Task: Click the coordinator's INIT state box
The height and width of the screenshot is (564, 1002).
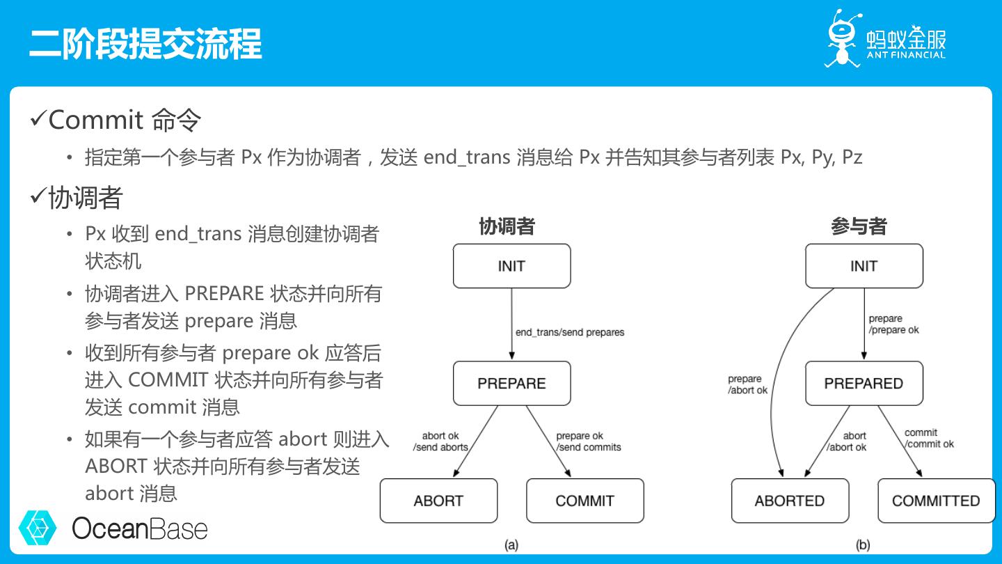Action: (x=511, y=266)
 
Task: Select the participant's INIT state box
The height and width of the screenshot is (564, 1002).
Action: (x=864, y=266)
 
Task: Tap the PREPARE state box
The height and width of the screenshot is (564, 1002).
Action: (x=511, y=383)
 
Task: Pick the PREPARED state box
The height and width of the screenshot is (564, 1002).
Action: (x=864, y=383)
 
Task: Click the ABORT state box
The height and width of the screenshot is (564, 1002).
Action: (x=438, y=501)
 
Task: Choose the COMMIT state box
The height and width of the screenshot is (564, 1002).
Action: (x=584, y=501)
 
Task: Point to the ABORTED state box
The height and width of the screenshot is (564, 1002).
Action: (x=790, y=501)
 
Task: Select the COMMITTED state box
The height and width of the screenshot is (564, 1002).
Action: (x=936, y=501)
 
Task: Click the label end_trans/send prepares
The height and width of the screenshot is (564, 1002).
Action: (x=570, y=332)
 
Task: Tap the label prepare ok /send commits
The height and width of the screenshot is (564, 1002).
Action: (x=589, y=441)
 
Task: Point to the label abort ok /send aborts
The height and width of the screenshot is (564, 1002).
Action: (x=440, y=441)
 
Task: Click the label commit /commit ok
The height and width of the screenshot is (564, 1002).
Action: (x=929, y=438)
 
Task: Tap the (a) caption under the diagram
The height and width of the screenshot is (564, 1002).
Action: (x=511, y=545)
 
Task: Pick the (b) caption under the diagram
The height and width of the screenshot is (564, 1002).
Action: (x=863, y=545)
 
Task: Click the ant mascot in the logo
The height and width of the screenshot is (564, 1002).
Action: (x=842, y=38)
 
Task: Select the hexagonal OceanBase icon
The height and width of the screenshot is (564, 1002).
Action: (x=38, y=528)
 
